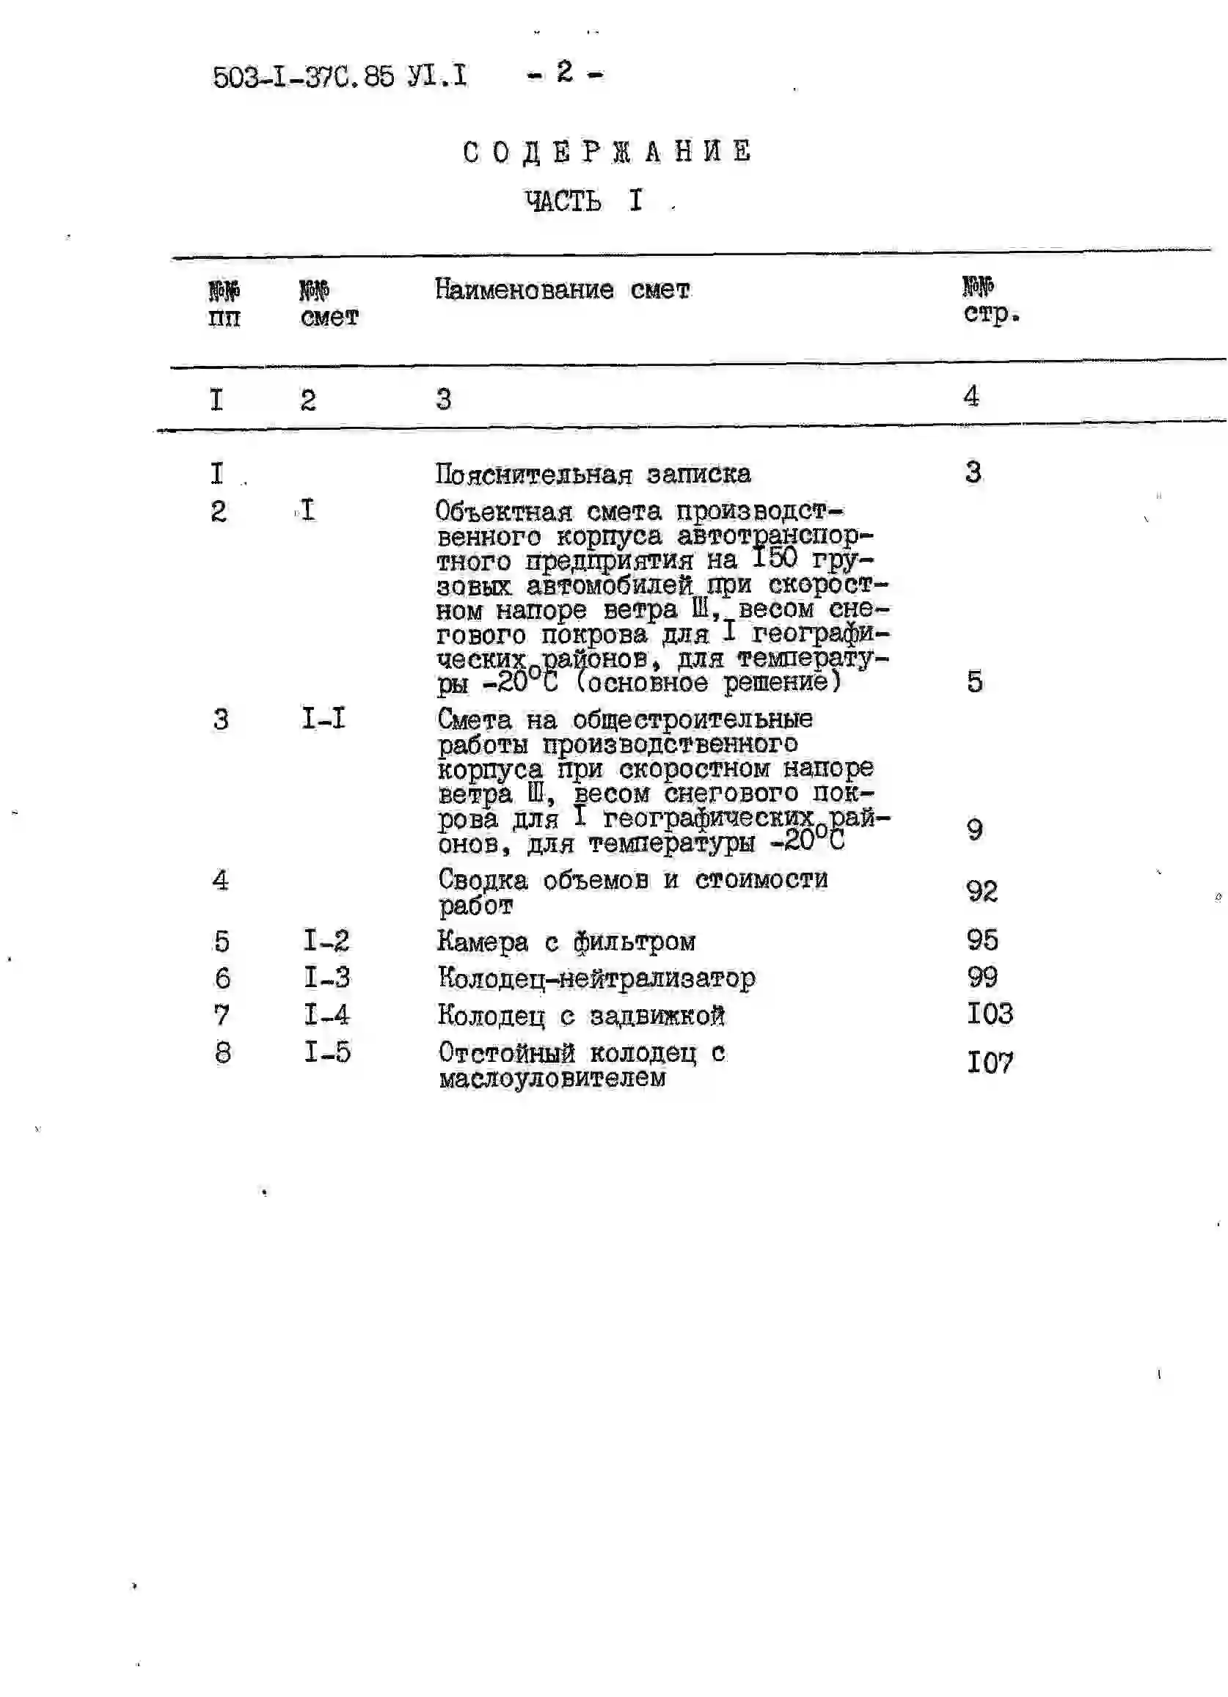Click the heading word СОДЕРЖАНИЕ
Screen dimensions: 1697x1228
click(x=607, y=152)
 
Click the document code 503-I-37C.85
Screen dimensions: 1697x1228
click(x=303, y=76)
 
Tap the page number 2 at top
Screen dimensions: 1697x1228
click(x=564, y=72)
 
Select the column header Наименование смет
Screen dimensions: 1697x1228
click(x=562, y=290)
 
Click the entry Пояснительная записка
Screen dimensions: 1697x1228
click(x=593, y=474)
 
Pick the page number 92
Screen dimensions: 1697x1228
click(x=982, y=890)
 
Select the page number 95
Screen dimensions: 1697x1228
click(x=982, y=939)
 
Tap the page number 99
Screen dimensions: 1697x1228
click(x=982, y=976)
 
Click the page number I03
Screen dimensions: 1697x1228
click(x=990, y=1014)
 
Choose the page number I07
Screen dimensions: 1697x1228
click(x=990, y=1063)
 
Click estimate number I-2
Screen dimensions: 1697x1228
click(x=326, y=940)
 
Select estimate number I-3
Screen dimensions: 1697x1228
click(x=326, y=977)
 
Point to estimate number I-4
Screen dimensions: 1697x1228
click(x=326, y=1015)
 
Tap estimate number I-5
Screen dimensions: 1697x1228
click(x=326, y=1052)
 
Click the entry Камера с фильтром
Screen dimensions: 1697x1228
click(x=566, y=942)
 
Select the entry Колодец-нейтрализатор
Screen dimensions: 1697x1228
click(x=596, y=978)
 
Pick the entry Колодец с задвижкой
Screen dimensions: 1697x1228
click(x=581, y=1016)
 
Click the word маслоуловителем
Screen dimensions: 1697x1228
click(x=552, y=1078)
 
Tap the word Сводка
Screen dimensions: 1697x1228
click(x=482, y=880)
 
